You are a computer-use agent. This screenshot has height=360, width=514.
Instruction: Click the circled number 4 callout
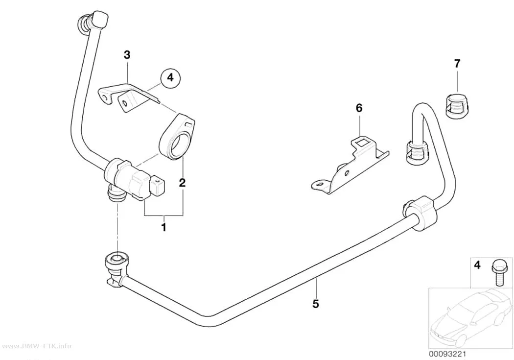[170, 78]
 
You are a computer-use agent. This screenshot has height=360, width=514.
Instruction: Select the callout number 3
[127, 54]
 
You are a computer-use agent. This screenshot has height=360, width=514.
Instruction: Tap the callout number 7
[457, 63]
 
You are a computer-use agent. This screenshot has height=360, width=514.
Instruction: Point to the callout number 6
[359, 108]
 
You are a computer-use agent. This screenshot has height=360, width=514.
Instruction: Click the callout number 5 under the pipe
[315, 304]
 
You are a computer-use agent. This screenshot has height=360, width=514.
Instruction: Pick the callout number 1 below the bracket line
[164, 227]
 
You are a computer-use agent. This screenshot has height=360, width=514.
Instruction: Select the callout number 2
[182, 182]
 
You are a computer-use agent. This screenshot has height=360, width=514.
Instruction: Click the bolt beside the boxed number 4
[495, 273]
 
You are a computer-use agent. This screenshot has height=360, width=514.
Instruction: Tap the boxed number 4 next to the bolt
[477, 264]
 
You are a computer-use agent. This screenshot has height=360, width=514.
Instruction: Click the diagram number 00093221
[447, 354]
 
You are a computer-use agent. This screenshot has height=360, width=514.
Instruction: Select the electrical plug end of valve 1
[157, 186]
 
